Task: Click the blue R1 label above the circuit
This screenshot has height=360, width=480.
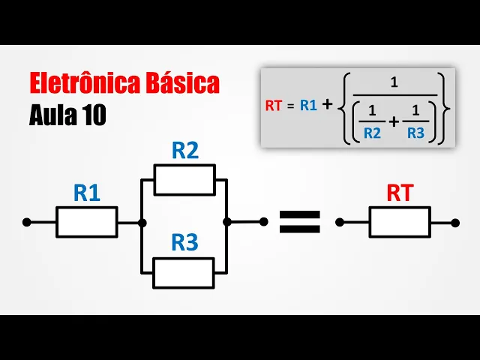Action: [x=87, y=193]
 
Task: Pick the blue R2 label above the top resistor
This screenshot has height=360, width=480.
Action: [x=184, y=151]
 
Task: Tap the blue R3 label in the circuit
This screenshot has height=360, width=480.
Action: [x=184, y=243]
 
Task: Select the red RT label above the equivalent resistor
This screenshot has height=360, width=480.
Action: [x=399, y=193]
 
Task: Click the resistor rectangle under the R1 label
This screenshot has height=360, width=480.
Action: [x=87, y=222]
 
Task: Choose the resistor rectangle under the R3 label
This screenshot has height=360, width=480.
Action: [x=184, y=272]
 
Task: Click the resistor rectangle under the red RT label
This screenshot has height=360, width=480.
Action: [x=399, y=222]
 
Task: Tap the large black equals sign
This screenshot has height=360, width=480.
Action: [x=299, y=222]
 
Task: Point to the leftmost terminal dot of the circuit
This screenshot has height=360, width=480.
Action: [x=26, y=222]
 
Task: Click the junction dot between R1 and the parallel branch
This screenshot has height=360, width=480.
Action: [x=142, y=222]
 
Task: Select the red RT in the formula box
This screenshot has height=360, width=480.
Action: [x=273, y=106]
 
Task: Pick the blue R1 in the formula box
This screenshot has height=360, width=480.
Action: [x=308, y=106]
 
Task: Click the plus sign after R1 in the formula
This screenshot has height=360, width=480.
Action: [x=327, y=105]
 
